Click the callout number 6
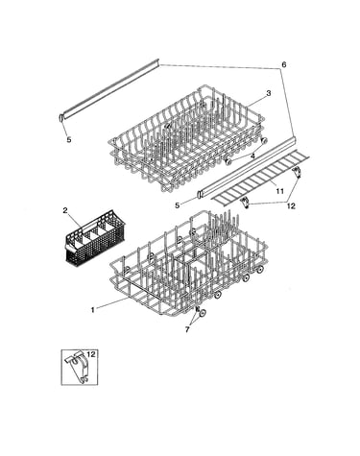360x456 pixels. pyautogui.click(x=283, y=64)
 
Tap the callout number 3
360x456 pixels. pyautogui.click(x=268, y=93)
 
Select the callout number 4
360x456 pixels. pyautogui.click(x=252, y=156)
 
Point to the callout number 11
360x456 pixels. pyautogui.click(x=280, y=191)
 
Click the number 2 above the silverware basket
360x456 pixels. pyautogui.click(x=65, y=210)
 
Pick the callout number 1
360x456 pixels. pyautogui.click(x=93, y=310)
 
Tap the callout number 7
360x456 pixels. pyautogui.click(x=187, y=329)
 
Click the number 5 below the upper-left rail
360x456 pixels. pyautogui.click(x=69, y=140)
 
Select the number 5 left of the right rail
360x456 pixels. pyautogui.click(x=178, y=205)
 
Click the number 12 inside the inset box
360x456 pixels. pyautogui.click(x=91, y=354)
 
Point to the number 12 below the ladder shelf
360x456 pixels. pyautogui.click(x=291, y=206)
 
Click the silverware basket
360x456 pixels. pyautogui.click(x=95, y=235)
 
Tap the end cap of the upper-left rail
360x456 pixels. pyautogui.click(x=60, y=117)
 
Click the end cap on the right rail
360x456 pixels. pyautogui.click(x=199, y=194)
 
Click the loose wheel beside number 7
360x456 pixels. pyautogui.click(x=203, y=314)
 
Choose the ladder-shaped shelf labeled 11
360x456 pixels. pyautogui.click(x=261, y=180)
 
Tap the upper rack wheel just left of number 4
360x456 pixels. pyautogui.click(x=228, y=162)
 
